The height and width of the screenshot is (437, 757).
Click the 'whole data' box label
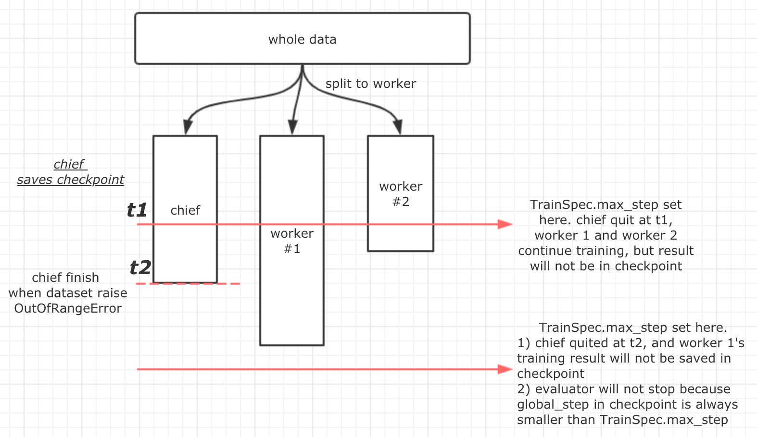click(x=302, y=39)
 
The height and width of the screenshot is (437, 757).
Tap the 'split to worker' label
click(x=370, y=84)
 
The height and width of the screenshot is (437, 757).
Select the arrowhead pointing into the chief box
click(x=188, y=128)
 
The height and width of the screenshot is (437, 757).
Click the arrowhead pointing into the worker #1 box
click(x=292, y=128)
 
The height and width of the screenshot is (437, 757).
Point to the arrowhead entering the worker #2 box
click(x=398, y=128)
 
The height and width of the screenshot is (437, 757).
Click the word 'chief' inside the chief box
click(x=185, y=210)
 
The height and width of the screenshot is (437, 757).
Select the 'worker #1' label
click(x=292, y=241)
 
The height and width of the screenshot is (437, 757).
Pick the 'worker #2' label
click(x=401, y=194)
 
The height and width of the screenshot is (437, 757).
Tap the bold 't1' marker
click(x=137, y=210)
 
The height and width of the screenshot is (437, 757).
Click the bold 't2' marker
click(x=140, y=267)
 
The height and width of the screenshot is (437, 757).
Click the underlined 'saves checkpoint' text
click(x=71, y=180)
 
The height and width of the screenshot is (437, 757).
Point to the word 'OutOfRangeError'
click(x=68, y=308)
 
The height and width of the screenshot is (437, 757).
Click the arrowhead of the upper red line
click(x=505, y=224)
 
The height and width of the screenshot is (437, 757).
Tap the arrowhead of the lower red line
click(x=505, y=369)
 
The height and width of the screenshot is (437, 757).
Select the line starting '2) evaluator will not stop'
click(x=623, y=389)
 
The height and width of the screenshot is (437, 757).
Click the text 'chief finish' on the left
click(x=65, y=278)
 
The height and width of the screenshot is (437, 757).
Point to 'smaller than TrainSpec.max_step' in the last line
click(x=622, y=420)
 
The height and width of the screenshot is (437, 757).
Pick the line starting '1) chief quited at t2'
click(x=631, y=343)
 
